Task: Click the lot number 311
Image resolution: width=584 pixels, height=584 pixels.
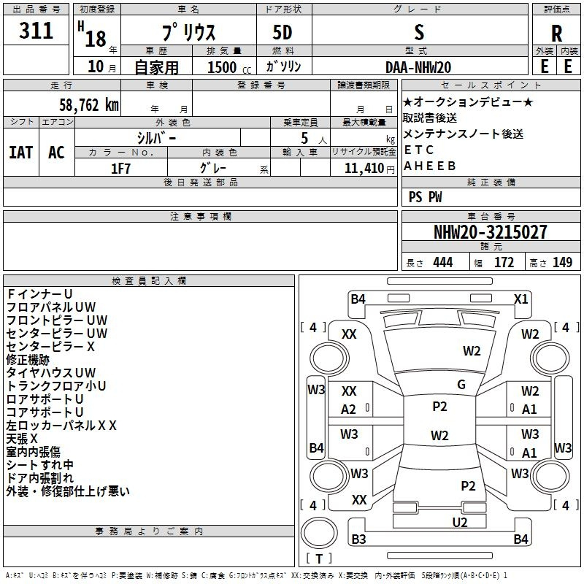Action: tap(36, 30)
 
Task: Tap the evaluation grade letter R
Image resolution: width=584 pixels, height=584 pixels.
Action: tap(556, 34)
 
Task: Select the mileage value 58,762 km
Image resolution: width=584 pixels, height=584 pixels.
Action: tap(89, 105)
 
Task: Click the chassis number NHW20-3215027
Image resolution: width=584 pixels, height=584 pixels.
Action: tap(491, 232)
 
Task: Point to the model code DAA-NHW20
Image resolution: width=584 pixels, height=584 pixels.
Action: tap(418, 67)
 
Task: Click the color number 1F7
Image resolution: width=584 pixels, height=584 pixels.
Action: tap(120, 169)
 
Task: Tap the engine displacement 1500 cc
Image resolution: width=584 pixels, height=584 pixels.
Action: tap(229, 67)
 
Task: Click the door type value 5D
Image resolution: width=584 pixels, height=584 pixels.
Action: tap(283, 33)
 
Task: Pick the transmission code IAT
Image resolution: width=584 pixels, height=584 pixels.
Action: tap(21, 153)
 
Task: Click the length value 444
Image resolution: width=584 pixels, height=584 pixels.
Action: tap(443, 262)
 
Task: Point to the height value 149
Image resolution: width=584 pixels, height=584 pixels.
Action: tap(562, 262)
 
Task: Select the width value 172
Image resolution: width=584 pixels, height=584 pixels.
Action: tap(504, 262)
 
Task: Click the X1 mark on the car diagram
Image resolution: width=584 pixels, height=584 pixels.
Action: tap(520, 299)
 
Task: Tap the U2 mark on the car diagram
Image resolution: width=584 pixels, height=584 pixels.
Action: tap(460, 523)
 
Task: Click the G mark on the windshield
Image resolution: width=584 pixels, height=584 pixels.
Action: tap(461, 385)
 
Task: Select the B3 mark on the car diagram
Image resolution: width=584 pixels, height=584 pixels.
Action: tap(358, 539)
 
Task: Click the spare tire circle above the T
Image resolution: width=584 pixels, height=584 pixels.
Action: tap(319, 532)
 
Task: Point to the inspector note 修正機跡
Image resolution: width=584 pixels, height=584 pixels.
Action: tap(28, 360)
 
